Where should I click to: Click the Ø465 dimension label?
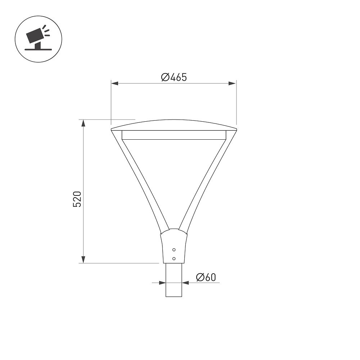click(x=174, y=77)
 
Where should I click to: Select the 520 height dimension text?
click(x=77, y=199)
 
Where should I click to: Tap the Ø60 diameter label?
click(x=206, y=277)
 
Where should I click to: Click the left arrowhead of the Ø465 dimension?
click(x=114, y=84)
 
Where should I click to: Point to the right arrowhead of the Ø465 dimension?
click(x=232, y=84)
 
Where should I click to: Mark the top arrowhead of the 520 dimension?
click(x=84, y=123)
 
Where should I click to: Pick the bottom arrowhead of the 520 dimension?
click(x=84, y=260)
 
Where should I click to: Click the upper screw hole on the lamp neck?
click(x=174, y=250)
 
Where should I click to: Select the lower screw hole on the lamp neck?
click(x=174, y=259)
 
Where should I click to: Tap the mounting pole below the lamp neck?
click(x=174, y=280)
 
